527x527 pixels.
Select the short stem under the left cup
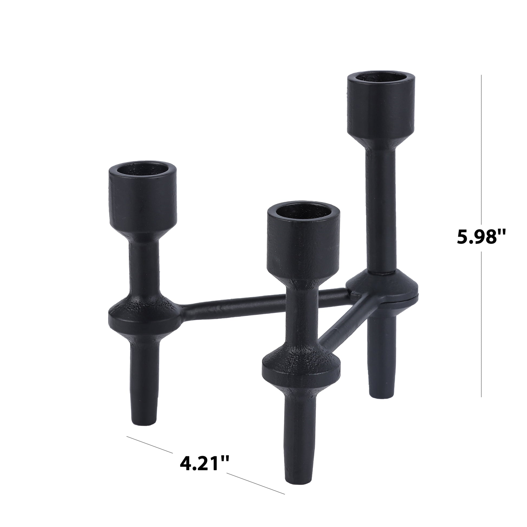144,262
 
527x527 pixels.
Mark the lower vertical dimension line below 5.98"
482,327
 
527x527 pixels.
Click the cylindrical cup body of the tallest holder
381,109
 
